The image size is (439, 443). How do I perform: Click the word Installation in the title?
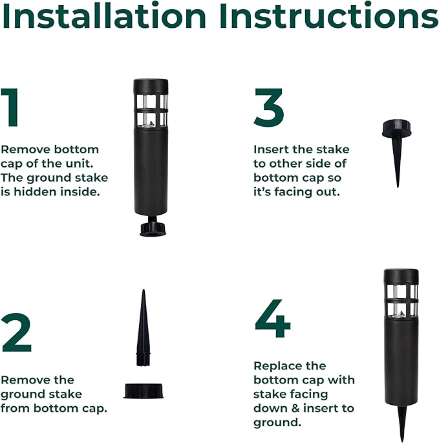point(104,16)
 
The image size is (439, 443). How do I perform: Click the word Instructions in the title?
point(329,16)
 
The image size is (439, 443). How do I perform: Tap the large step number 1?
point(11,107)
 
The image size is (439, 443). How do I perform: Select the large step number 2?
point(16,332)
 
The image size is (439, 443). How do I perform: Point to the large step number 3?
point(269,107)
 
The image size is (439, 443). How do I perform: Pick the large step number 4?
point(273,319)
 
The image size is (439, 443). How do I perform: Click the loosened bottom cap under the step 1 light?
point(153,228)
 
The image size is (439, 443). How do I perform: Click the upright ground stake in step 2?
point(144,328)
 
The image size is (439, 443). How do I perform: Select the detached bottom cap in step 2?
point(144,391)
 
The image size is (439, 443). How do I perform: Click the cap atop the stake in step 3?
point(396,129)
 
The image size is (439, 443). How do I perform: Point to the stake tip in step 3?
point(398,187)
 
